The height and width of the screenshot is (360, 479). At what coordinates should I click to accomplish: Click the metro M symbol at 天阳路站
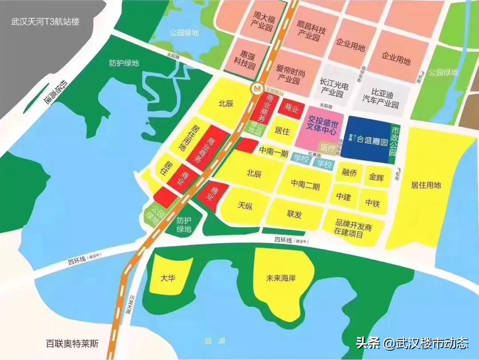tap(256, 89)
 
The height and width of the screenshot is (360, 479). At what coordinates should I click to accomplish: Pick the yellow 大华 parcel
tap(169, 278)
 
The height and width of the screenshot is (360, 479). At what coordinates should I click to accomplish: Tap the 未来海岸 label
tap(281, 278)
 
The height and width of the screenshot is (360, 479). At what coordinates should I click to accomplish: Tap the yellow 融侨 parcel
tap(349, 172)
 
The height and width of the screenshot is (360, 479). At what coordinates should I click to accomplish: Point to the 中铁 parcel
tap(373, 203)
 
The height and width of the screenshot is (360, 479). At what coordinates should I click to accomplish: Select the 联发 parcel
tap(294, 214)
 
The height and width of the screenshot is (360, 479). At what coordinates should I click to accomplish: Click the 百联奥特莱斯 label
tap(73, 344)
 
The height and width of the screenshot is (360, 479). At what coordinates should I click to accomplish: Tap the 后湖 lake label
tap(215, 341)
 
